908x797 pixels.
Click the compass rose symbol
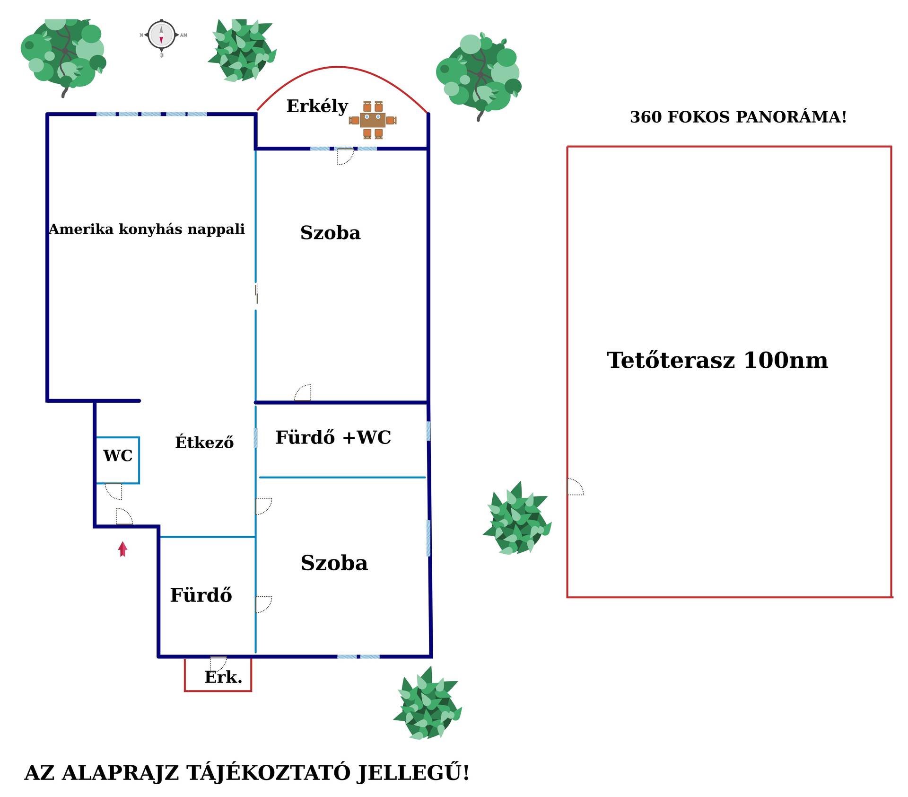(x=161, y=35)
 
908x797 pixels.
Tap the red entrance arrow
(x=122, y=549)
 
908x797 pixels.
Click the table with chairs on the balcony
(x=373, y=120)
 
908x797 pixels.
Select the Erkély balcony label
(x=317, y=106)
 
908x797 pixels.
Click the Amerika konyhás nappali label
(x=147, y=230)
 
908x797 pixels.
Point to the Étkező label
(x=204, y=442)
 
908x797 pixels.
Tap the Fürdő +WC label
(x=333, y=438)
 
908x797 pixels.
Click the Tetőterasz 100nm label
(x=717, y=361)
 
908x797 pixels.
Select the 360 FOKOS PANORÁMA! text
(x=738, y=117)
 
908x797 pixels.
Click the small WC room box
(x=118, y=460)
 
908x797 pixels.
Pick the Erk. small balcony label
(x=223, y=677)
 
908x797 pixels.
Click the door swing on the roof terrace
(x=575, y=487)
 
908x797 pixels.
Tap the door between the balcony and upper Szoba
(x=345, y=156)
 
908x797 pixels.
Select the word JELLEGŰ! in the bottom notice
(x=413, y=773)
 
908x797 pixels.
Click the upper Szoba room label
(x=330, y=233)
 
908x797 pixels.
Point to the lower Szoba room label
(x=334, y=563)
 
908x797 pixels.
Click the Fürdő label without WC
(x=201, y=595)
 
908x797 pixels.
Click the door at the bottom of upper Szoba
(x=303, y=393)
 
